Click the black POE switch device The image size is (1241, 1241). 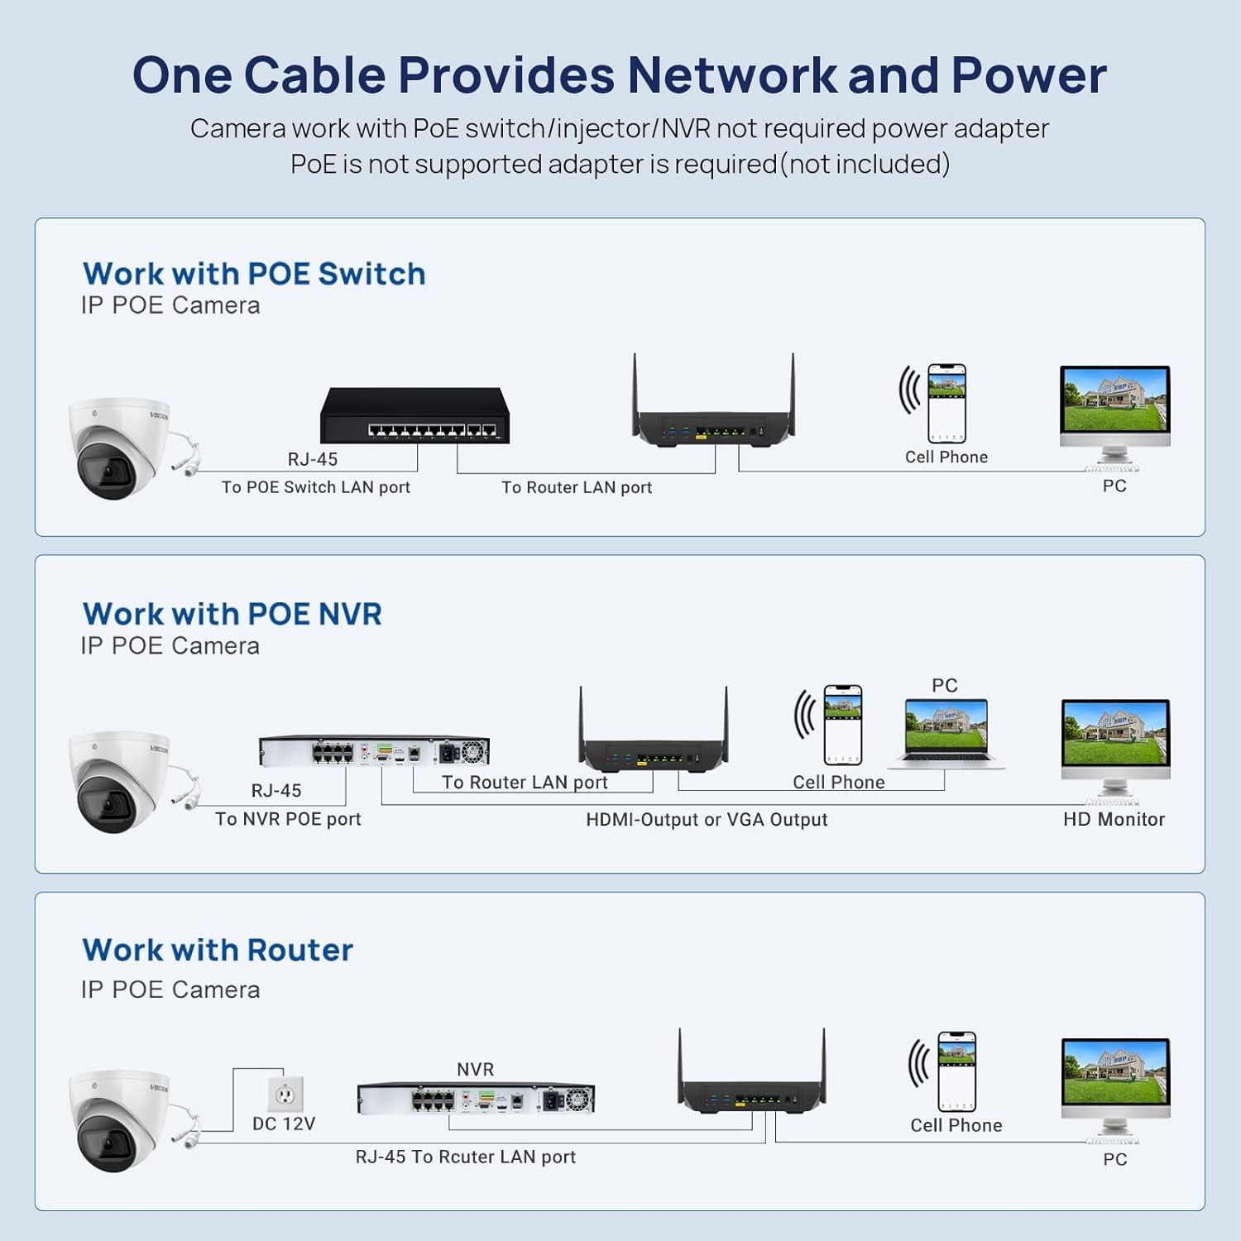pos(414,415)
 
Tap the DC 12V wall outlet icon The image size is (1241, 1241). pos(285,1094)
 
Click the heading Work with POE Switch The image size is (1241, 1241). pos(254,274)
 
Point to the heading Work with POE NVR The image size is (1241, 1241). pos(232,614)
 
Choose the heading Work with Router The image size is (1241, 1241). pos(218,950)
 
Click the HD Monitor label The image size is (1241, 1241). pos(1114,819)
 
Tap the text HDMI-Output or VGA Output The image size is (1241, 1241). pos(707,820)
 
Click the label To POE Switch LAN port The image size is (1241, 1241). pos(315,487)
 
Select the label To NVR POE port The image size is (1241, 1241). pos(288,819)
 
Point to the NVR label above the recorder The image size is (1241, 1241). pos(476,1069)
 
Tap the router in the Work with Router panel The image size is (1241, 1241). pos(752,1072)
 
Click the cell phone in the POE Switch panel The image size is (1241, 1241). pos(946,403)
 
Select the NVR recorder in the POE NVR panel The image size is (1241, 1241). pos(375,751)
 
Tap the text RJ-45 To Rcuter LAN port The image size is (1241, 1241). pos(466,1157)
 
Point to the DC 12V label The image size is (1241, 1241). pos(284,1124)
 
